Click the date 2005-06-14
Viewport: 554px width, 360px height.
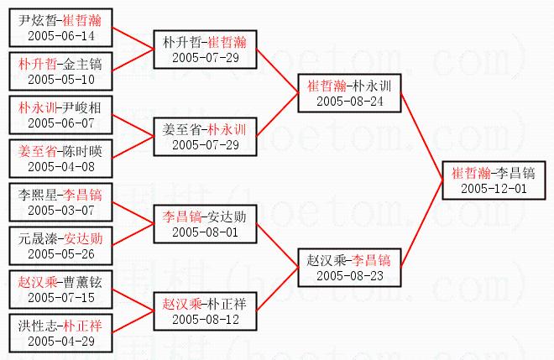point(61,36)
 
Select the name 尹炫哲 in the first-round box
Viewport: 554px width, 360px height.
point(37,20)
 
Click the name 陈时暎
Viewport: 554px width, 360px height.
point(82,152)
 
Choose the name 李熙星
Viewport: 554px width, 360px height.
point(37,195)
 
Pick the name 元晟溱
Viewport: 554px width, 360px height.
point(37,239)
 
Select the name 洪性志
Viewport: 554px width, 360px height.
point(37,326)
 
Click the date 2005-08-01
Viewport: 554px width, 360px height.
point(206,232)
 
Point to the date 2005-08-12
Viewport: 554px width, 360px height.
point(206,320)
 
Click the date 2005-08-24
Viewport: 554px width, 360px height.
point(350,102)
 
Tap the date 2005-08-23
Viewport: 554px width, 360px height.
point(350,276)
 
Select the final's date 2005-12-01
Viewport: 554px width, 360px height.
point(494,189)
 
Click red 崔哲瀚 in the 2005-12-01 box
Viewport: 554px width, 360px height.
point(471,173)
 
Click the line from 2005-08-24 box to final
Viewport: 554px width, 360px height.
point(422,137)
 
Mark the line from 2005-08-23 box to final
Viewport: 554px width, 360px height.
point(422,224)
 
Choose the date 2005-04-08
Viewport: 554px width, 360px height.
point(61,167)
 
